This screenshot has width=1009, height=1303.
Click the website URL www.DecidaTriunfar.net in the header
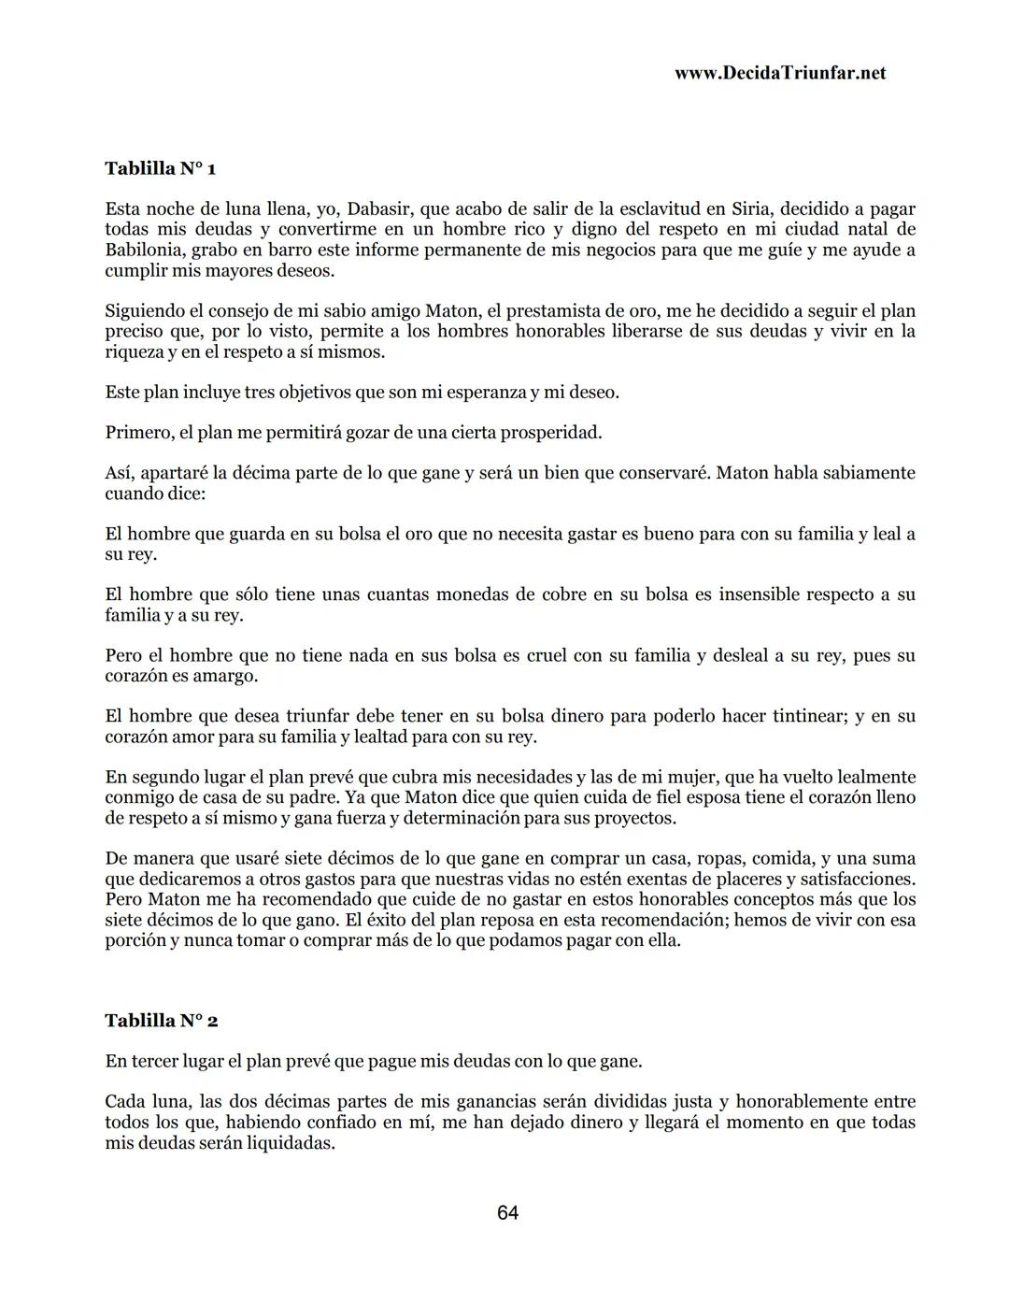click(x=779, y=73)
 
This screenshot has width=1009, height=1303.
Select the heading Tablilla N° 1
click(x=161, y=168)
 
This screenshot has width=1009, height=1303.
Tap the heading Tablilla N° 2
click(x=162, y=1021)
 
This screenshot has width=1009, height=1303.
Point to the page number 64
click(x=508, y=1212)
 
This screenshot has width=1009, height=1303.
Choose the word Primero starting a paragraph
click(x=139, y=433)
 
